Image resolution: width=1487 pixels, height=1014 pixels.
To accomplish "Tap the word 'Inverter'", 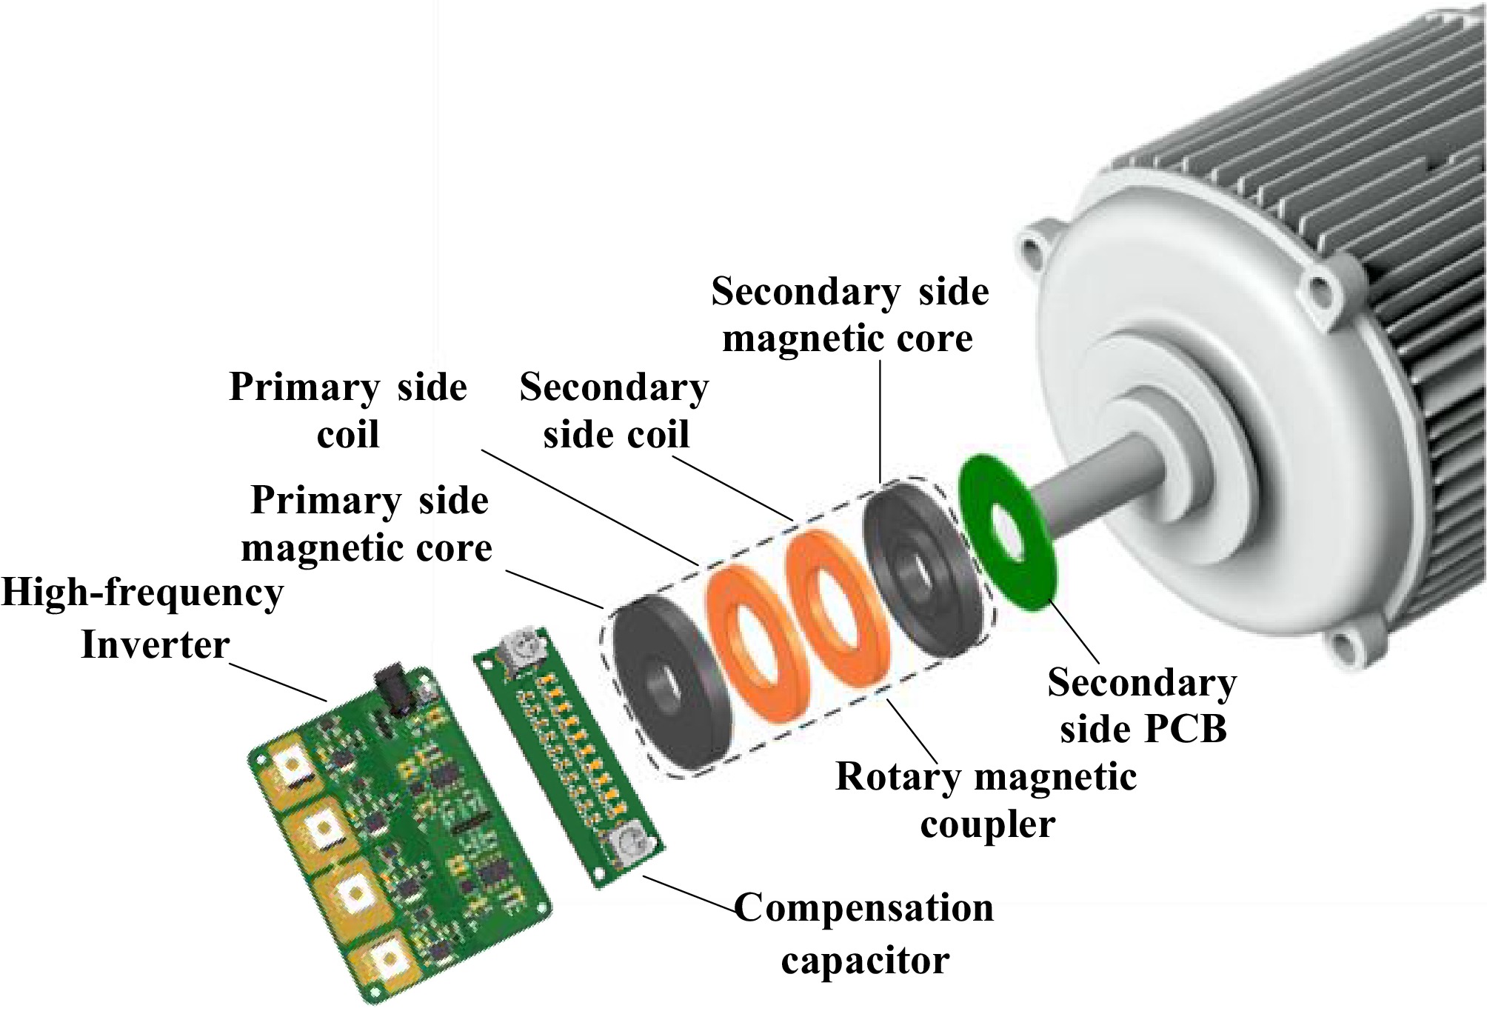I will pyautogui.click(x=155, y=644).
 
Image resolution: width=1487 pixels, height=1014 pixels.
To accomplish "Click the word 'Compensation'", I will pyautogui.click(x=863, y=908).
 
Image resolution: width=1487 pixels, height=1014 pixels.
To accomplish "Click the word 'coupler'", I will pyautogui.click(x=987, y=824).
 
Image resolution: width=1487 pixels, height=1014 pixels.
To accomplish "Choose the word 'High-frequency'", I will pyautogui.click(x=142, y=593).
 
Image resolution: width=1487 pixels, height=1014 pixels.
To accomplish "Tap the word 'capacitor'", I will pyautogui.click(x=865, y=961).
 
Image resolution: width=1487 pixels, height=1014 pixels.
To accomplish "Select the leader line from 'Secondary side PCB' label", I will pyautogui.click(x=1074, y=633).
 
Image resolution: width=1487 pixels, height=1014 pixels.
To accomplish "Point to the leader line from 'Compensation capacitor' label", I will pyautogui.click(x=689, y=893).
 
